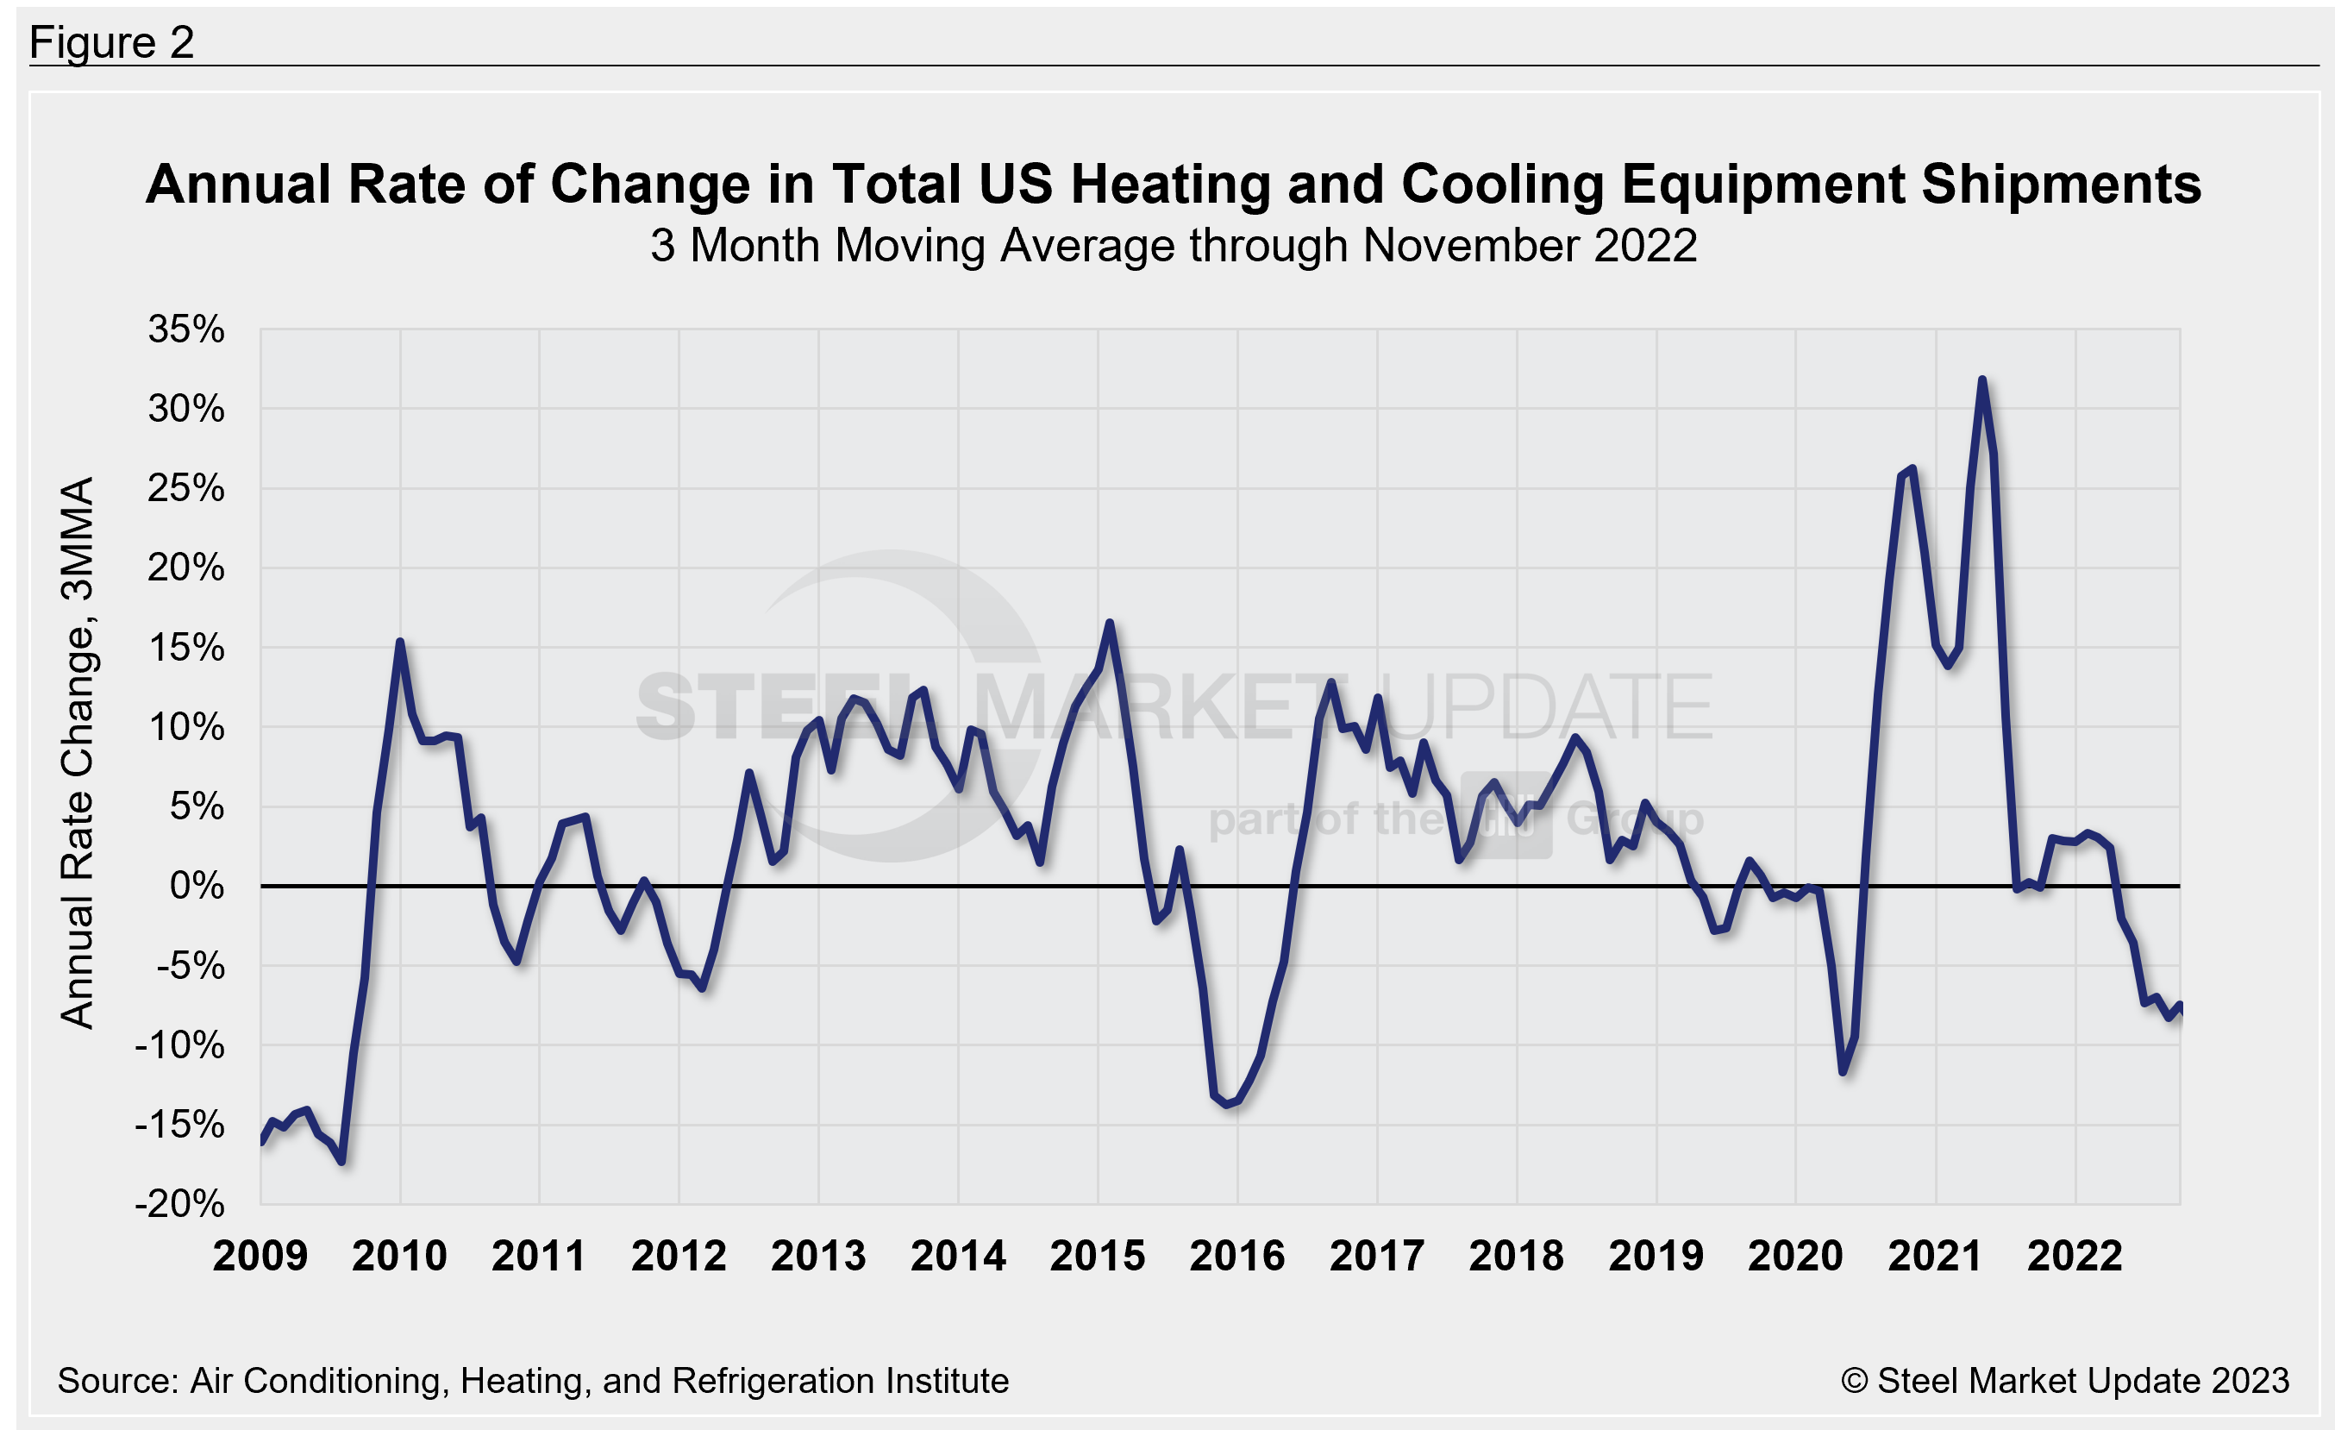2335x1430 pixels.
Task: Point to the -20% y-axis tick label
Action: pyautogui.click(x=180, y=1204)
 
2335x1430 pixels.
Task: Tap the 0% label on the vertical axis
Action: pyautogui.click(x=197, y=886)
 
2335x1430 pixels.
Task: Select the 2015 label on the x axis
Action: pyautogui.click(x=1098, y=1257)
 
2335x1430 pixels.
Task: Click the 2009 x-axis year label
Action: pyautogui.click(x=260, y=1257)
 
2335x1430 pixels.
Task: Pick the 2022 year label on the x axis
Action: pyautogui.click(x=2075, y=1257)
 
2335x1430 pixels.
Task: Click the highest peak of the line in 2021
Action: pyautogui.click(x=1981, y=380)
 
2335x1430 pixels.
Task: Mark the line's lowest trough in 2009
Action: pyautogui.click(x=341, y=1161)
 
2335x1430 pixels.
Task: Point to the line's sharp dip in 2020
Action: pyautogui.click(x=1844, y=1072)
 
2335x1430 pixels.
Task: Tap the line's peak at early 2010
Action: pyautogui.click(x=400, y=643)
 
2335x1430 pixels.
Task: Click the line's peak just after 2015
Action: pyautogui.click(x=1110, y=623)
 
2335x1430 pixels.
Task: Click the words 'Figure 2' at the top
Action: pyautogui.click(x=112, y=42)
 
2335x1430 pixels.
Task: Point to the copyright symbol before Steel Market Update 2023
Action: pyautogui.click(x=1854, y=1381)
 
